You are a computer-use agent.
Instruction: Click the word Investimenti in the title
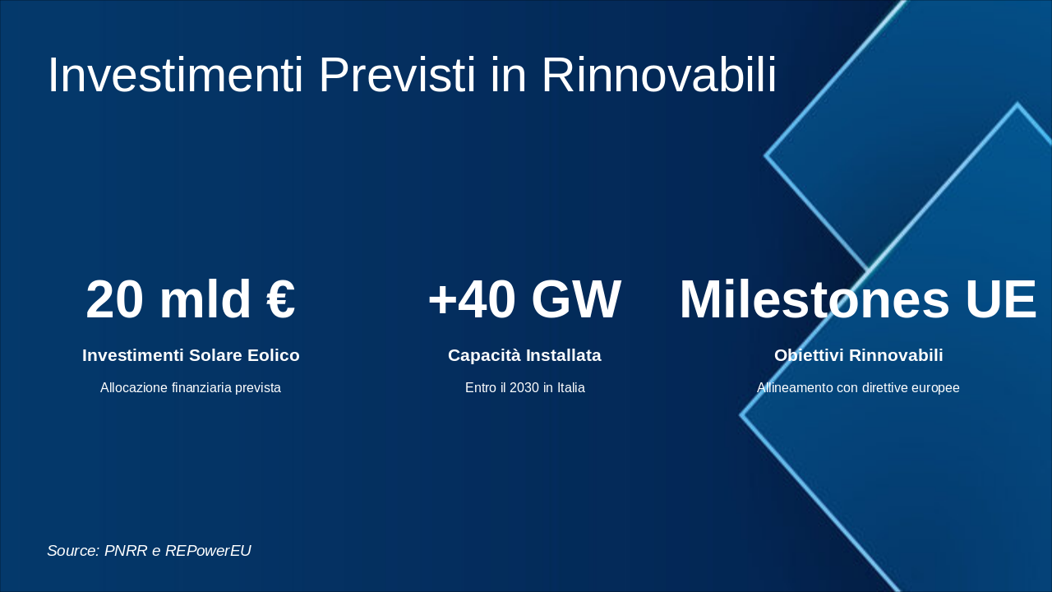point(175,75)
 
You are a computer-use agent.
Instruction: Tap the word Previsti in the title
point(397,75)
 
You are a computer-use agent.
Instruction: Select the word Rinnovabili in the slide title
point(659,75)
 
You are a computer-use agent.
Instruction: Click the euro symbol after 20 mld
point(281,299)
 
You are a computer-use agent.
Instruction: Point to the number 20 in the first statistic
point(114,299)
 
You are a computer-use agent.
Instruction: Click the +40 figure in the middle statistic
point(472,299)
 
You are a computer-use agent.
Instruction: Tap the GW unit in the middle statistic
point(577,299)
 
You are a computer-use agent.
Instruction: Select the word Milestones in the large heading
point(814,299)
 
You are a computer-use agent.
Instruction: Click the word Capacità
point(484,355)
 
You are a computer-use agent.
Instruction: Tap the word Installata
point(564,355)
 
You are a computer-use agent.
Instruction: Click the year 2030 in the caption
point(524,387)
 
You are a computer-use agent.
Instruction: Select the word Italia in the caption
point(571,387)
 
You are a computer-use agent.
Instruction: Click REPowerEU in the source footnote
point(208,551)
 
